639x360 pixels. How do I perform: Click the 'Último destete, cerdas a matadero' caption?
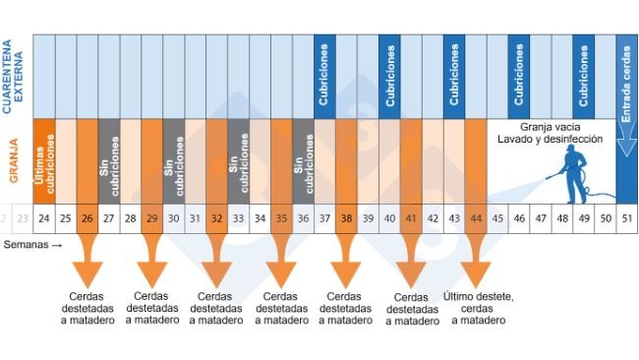click(x=479, y=307)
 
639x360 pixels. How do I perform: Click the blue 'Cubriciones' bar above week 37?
click(x=324, y=76)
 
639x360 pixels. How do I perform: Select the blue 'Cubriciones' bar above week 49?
click(x=584, y=76)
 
